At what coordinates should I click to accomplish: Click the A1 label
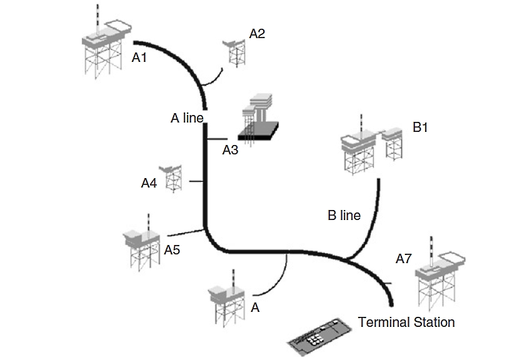point(139,57)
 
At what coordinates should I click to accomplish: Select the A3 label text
point(231,150)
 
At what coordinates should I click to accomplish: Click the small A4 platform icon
point(171,178)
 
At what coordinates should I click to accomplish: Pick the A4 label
point(149,183)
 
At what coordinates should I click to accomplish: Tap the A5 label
point(172,250)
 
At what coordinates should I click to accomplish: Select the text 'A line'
point(187,118)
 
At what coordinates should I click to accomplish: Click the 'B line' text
point(344,216)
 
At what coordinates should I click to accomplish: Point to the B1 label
point(420,127)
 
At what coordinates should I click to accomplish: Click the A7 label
point(404,258)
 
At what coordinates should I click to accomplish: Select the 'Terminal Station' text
point(406,322)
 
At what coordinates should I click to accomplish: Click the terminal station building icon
point(318,337)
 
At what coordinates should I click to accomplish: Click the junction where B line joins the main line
point(348,257)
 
